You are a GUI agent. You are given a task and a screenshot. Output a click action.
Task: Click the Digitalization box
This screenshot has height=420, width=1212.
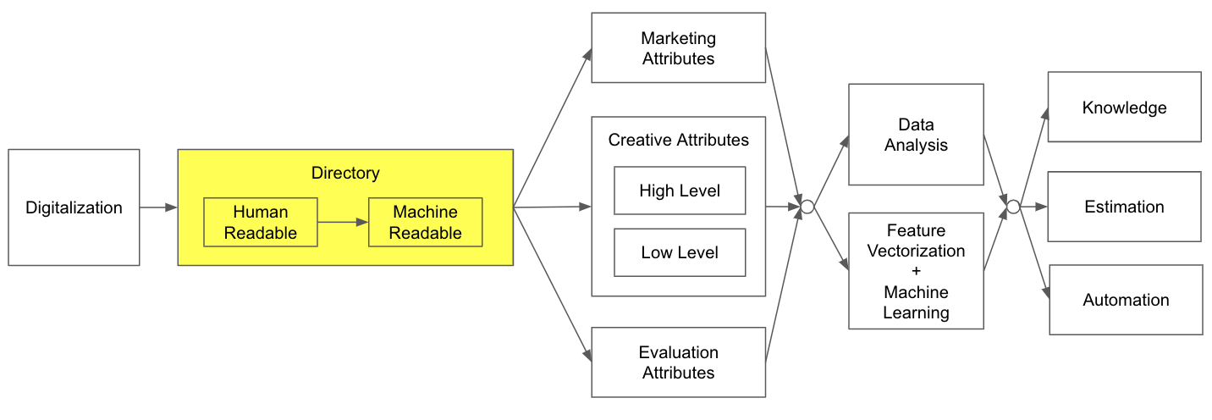[x=74, y=207]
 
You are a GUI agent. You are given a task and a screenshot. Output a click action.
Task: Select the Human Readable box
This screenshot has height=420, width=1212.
[x=261, y=223]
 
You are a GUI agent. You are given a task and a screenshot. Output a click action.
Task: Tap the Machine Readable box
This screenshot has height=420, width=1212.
[x=425, y=223]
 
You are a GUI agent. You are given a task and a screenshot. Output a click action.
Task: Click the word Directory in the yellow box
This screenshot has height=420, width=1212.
[x=345, y=174]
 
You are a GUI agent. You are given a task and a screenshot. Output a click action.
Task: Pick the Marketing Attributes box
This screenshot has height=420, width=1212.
[x=678, y=48]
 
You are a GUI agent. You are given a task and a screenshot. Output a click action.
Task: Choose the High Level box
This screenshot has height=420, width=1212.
[x=680, y=191]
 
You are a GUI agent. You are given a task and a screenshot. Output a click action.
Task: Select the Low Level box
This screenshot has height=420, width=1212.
[x=680, y=252]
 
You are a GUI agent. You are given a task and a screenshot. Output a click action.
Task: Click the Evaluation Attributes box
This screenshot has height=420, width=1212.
[x=678, y=362]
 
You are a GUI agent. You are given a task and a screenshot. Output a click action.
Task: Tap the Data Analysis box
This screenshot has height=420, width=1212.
[x=916, y=135]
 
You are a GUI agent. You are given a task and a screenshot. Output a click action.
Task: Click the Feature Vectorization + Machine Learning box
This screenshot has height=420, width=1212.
[x=916, y=271]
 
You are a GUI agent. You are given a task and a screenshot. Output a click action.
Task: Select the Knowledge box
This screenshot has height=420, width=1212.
[x=1124, y=108]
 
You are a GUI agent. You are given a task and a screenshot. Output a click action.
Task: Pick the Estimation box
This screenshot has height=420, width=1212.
[x=1124, y=207]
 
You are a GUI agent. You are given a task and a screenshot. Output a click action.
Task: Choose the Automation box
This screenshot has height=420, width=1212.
[x=1126, y=300]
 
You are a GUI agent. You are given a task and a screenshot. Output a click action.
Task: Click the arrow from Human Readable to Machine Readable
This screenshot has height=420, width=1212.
[x=343, y=223]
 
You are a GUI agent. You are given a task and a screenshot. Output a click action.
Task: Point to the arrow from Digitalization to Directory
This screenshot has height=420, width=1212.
[x=158, y=207]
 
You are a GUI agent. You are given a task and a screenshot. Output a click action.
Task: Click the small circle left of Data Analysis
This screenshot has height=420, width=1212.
[x=807, y=207]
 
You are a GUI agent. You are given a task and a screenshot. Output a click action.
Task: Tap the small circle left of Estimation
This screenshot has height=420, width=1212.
[x=1013, y=207]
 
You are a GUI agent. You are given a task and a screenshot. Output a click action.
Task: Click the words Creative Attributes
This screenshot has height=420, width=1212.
[x=679, y=140]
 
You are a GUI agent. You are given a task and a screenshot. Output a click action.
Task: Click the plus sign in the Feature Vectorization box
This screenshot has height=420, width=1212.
[x=916, y=271]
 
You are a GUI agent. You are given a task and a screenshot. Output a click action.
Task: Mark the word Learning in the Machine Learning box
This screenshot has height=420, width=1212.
[x=916, y=312]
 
